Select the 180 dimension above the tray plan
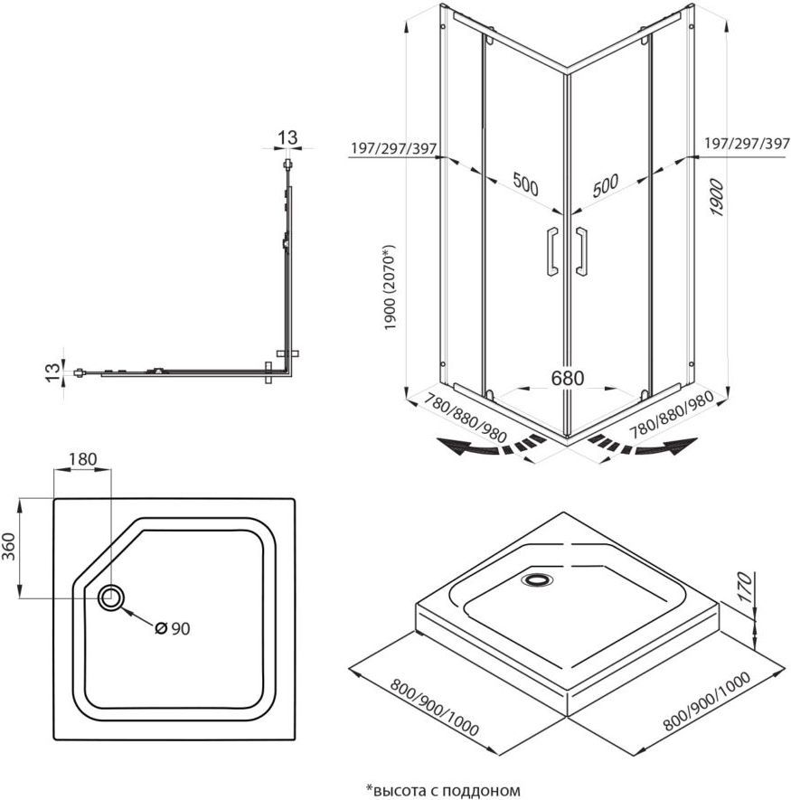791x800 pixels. [x=82, y=458]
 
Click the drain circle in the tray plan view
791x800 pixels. [x=112, y=597]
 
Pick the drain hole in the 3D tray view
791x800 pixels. [x=539, y=579]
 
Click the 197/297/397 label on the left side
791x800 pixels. [x=394, y=146]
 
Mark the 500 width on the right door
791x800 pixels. [x=606, y=185]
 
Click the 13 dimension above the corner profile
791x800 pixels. [x=287, y=137]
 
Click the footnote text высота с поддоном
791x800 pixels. [x=443, y=789]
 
